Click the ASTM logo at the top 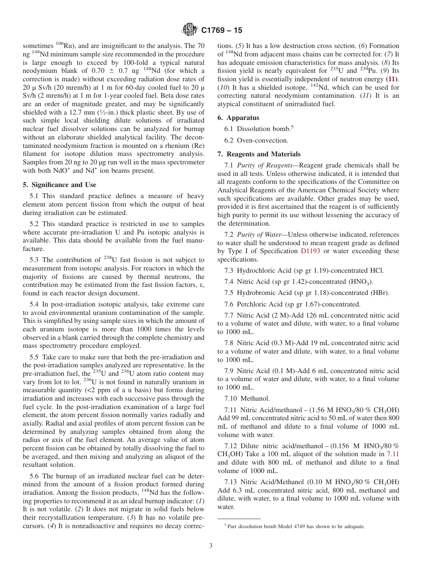(x=190, y=30)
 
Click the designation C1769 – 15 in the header (x=222, y=30)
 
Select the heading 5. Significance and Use (x=59, y=185)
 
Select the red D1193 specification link (x=310, y=251)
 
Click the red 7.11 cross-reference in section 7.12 (x=393, y=454)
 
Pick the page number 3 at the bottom (x=211, y=545)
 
